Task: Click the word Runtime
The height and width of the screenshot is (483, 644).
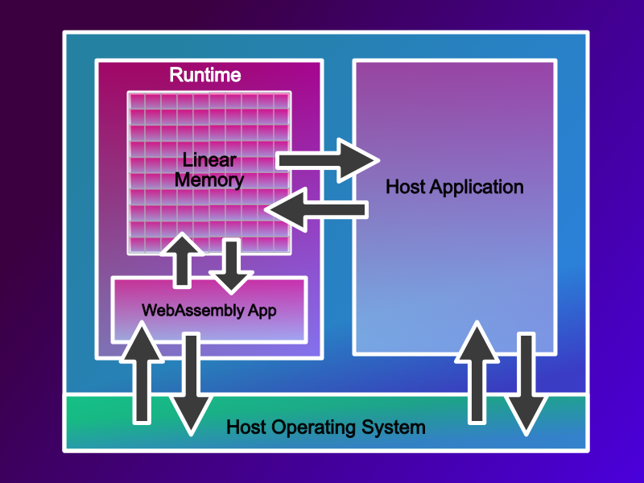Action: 205,76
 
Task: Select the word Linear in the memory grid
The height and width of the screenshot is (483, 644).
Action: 208,160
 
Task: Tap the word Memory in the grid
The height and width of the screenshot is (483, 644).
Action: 208,180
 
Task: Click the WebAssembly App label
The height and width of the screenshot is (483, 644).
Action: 208,310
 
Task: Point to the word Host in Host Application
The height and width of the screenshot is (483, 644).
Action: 406,188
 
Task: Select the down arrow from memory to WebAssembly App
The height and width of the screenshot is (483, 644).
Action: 232,266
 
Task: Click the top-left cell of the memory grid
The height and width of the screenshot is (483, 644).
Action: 137,101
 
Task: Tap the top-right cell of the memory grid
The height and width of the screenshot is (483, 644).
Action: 281,101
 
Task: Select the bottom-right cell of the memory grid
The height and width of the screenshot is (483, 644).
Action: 281,244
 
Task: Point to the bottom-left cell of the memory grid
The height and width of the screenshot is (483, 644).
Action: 137,244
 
